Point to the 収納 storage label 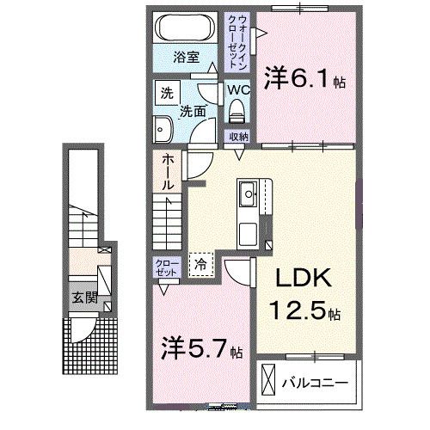238,137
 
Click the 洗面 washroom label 193,111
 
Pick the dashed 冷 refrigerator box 200,265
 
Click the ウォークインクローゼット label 236,40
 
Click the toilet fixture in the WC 237,110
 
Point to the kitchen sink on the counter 249,194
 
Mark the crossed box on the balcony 269,378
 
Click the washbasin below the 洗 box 162,130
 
